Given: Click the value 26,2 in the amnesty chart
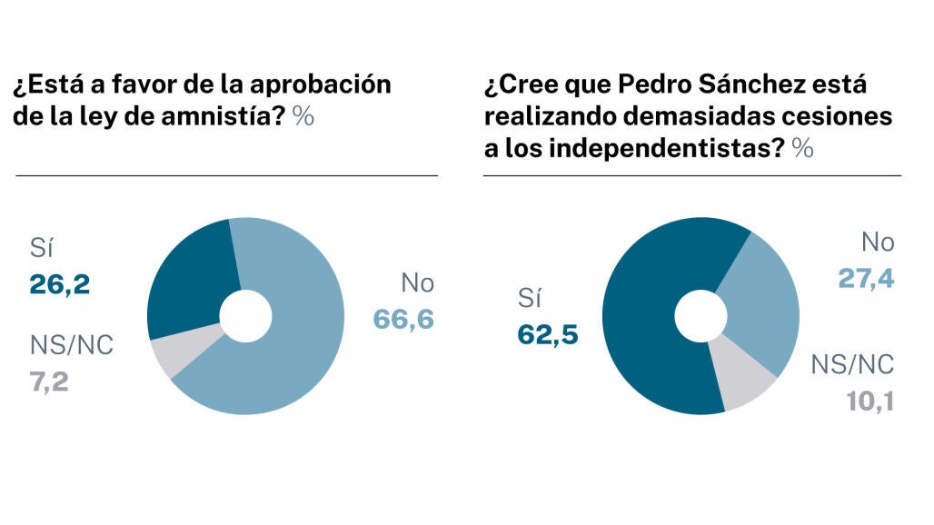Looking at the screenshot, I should click(x=60, y=285).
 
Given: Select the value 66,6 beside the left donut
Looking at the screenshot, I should click(x=403, y=319).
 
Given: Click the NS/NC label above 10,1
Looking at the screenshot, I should click(x=852, y=365).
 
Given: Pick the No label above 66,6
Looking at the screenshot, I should click(x=417, y=283).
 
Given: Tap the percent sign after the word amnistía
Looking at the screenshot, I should click(x=303, y=116).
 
